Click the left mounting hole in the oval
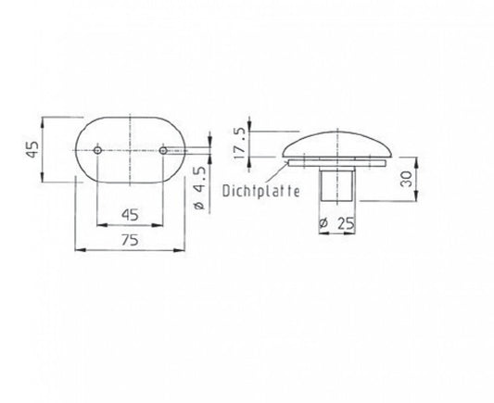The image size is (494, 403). point(97,150)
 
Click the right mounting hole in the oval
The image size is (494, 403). point(163,150)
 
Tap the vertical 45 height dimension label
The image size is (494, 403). point(32,149)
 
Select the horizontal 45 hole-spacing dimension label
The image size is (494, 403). point(130,215)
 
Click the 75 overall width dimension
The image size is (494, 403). point(130,240)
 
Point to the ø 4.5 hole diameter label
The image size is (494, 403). point(199,188)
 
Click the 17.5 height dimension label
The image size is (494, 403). point(240,144)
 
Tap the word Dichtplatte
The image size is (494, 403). point(260,191)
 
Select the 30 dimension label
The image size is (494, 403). point(407,179)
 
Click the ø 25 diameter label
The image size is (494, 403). point(336,223)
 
